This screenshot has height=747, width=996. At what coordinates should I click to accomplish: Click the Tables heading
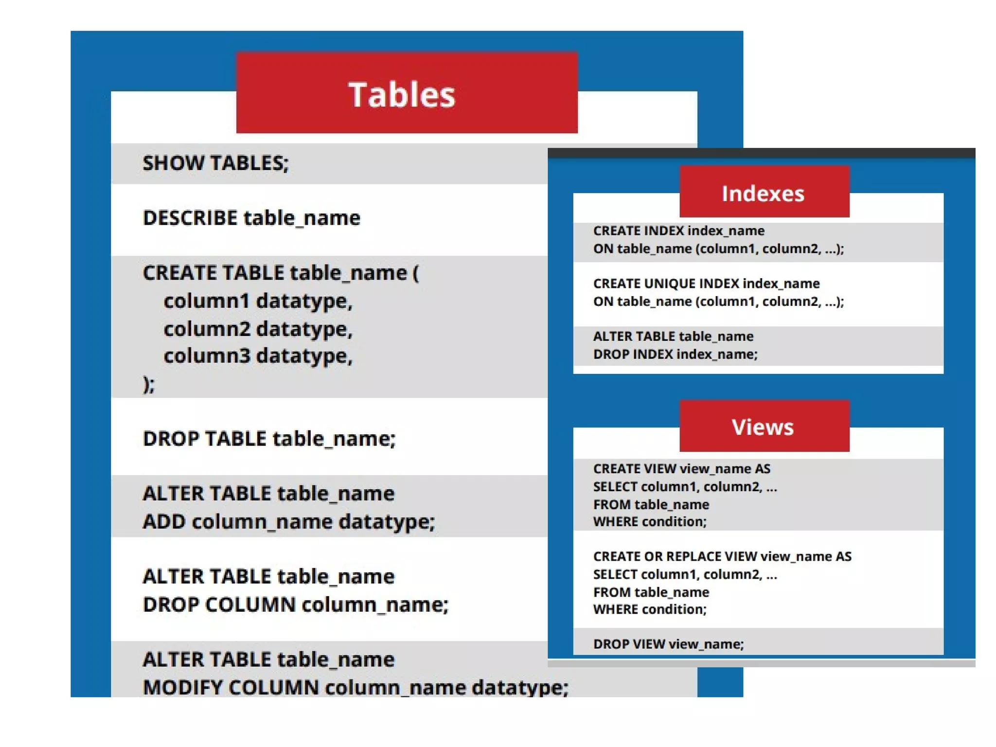point(402,94)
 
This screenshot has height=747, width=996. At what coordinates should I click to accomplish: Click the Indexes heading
point(763,194)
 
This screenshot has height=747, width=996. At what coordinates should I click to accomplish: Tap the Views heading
point(763,427)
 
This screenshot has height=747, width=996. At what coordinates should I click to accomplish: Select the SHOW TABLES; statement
point(215,163)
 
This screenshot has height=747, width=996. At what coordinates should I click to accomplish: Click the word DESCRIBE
point(190,218)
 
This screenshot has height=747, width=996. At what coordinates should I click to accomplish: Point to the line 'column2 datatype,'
point(258,329)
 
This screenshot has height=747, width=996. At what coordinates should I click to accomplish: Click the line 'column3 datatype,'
point(258,356)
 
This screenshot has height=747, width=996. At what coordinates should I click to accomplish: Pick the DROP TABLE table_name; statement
point(269,439)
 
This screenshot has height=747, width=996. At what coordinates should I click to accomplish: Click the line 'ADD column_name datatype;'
point(288,522)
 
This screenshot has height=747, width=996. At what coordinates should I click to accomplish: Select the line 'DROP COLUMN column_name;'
point(295,605)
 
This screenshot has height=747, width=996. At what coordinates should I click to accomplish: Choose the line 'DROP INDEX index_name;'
point(675,354)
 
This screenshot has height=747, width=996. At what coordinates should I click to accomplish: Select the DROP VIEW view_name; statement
point(668,644)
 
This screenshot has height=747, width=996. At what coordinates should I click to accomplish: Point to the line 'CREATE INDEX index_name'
point(678,231)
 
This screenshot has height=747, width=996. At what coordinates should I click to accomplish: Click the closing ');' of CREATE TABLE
point(149,384)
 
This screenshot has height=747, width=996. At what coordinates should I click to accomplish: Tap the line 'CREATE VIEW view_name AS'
point(681,469)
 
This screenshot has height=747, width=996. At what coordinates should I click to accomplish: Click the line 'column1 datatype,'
point(258,302)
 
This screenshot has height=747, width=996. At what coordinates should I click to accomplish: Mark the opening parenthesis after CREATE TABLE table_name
point(415,273)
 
